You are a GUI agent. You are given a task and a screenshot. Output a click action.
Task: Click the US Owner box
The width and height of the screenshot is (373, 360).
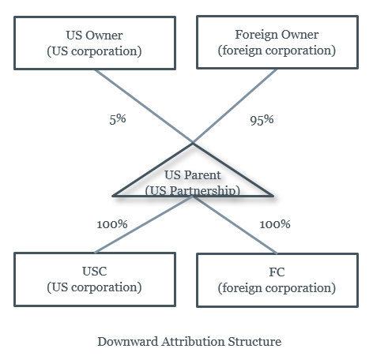[x=95, y=43]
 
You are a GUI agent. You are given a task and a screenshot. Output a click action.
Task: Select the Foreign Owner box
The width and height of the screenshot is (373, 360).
[x=277, y=42]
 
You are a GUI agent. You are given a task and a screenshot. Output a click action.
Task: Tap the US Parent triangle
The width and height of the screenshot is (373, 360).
[x=193, y=170]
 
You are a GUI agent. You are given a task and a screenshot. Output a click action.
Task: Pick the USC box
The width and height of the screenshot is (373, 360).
[x=95, y=279]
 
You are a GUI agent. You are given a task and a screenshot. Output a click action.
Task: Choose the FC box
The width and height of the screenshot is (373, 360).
[x=277, y=280]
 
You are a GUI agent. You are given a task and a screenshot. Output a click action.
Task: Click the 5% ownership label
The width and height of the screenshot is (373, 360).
[x=118, y=119]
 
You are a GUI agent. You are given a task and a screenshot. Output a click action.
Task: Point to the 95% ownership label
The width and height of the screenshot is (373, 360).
[x=262, y=120]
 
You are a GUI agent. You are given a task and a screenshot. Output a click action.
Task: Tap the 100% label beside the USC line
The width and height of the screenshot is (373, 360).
[x=112, y=224]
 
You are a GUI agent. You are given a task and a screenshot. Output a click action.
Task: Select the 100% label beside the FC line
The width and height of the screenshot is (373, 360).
[x=275, y=224]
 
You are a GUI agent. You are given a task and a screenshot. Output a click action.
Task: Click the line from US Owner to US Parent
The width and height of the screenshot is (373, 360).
[x=144, y=107]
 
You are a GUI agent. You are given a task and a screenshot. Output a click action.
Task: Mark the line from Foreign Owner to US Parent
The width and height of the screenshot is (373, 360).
[x=235, y=106]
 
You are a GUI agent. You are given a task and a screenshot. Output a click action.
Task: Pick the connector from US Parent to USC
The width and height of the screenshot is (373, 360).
[x=144, y=224]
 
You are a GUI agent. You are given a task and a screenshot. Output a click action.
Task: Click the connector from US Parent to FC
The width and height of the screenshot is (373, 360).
[x=235, y=225]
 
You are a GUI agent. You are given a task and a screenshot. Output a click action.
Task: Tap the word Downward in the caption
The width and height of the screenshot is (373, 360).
[x=128, y=342]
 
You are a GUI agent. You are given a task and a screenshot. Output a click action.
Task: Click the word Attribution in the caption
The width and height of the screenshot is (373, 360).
[x=193, y=342]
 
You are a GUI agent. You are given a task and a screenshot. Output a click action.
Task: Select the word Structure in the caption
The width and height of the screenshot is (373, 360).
[x=254, y=342]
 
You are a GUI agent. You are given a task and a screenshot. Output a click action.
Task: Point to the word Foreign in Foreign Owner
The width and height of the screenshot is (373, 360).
[x=256, y=35]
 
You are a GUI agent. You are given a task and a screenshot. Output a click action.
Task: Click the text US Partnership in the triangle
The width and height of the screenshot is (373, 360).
[x=193, y=190]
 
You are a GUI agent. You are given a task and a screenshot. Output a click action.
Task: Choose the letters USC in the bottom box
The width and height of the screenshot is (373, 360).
[x=95, y=272]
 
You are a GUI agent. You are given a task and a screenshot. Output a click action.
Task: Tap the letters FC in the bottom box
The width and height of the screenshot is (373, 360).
[x=277, y=272]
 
